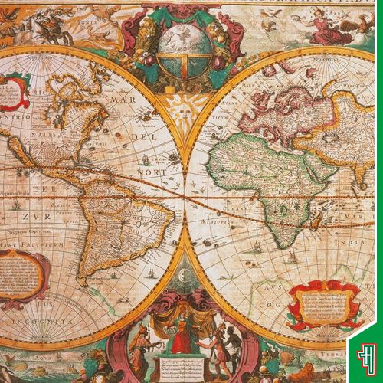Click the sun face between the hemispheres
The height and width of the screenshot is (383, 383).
[x=185, y=111]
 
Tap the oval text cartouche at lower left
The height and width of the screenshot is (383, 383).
[x=24, y=276]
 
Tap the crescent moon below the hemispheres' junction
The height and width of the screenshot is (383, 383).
[x=185, y=273]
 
